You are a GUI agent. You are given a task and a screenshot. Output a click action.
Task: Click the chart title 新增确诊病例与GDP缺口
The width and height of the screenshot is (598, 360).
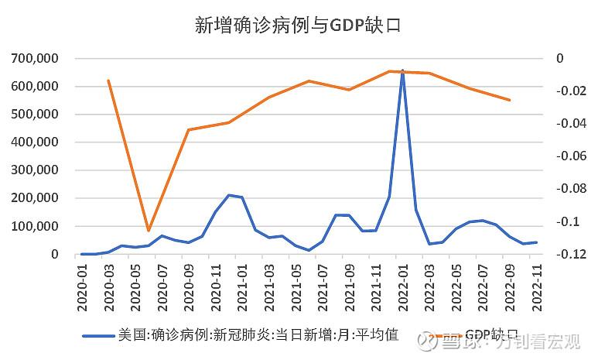[x=299, y=25]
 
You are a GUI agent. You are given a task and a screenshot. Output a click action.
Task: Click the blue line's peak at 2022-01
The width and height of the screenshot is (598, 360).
[x=402, y=70]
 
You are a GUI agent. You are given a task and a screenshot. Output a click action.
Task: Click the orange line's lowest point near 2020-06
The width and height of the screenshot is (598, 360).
[x=149, y=230]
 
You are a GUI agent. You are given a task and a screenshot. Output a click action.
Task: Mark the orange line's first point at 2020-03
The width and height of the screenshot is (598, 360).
[x=108, y=81]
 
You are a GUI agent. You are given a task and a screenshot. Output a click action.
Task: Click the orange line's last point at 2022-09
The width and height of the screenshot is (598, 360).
[x=510, y=100]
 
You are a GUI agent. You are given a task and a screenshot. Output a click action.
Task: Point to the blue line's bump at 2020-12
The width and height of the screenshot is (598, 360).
[x=229, y=195]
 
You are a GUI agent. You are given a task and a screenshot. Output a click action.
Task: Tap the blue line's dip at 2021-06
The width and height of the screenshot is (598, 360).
[x=309, y=250]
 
